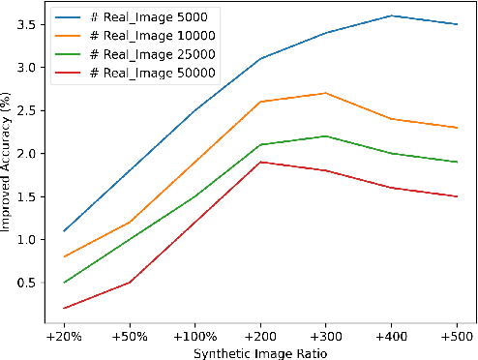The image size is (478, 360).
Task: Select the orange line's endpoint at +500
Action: (457, 128)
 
